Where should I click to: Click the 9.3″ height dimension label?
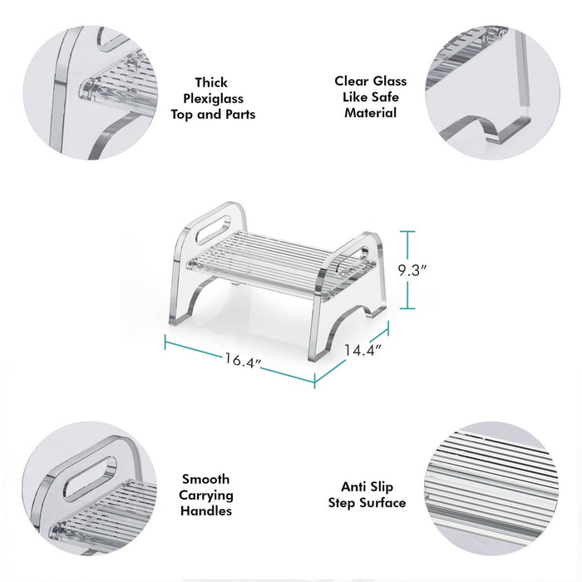412,270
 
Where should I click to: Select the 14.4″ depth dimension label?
363,350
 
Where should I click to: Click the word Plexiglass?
214,98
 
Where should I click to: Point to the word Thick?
211,82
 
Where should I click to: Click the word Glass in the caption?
390,81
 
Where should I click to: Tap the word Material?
371,112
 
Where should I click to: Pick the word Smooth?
205,479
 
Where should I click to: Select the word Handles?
206,510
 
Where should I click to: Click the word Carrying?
206,496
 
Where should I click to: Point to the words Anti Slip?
367,486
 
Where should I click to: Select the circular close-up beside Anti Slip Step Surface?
491,489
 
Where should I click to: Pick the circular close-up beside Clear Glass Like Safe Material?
492,93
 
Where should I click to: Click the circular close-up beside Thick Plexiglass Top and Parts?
90,93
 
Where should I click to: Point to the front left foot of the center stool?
177,319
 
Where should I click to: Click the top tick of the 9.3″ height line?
407,231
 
